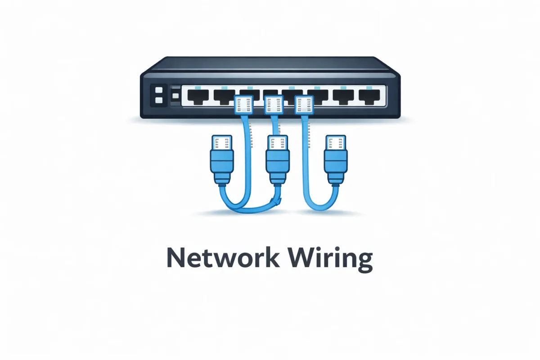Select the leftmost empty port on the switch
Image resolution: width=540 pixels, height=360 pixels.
click(196, 96)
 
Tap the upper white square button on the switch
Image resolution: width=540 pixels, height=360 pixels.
click(158, 90)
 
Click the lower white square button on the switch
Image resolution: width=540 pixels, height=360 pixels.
click(158, 100)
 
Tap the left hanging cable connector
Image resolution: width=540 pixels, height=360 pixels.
click(221, 160)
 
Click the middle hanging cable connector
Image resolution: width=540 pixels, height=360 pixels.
click(277, 160)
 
